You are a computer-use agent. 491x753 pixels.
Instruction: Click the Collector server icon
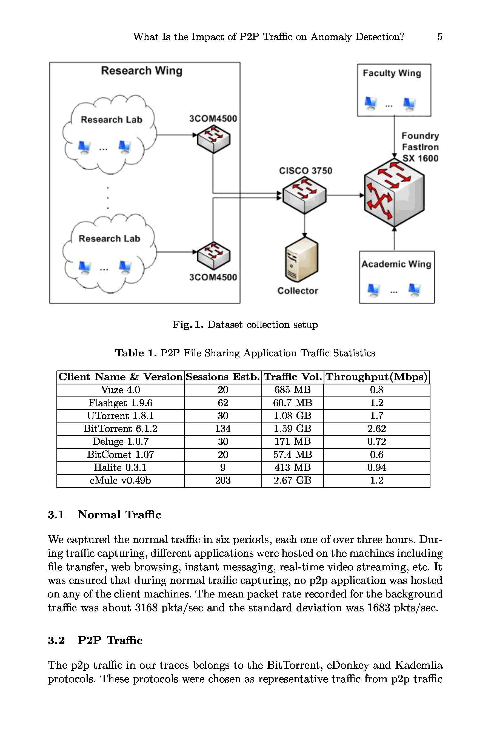tap(302, 259)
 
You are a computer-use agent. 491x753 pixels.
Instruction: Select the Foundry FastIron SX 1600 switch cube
tap(394, 193)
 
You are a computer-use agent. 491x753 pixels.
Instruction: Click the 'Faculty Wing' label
tap(392, 73)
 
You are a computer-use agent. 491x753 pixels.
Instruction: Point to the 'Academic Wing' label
tap(396, 264)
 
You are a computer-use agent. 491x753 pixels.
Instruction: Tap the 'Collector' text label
tap(298, 291)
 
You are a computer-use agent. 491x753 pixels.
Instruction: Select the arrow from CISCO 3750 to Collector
tap(304, 226)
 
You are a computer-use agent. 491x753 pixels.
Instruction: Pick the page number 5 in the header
tap(440, 37)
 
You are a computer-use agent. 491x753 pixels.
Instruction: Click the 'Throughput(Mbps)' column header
tap(377, 377)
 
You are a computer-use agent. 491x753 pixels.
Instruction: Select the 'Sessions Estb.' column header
tap(223, 377)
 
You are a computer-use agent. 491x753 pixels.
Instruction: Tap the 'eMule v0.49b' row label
tap(120, 481)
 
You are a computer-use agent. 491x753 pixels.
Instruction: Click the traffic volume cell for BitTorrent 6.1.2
tap(293, 429)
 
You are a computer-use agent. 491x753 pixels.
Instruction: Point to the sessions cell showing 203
tap(223, 481)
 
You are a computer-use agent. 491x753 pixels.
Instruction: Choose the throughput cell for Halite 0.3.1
tap(377, 468)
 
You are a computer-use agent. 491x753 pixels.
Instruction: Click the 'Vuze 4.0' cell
tap(120, 390)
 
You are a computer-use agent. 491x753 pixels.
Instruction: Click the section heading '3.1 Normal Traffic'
tap(104, 515)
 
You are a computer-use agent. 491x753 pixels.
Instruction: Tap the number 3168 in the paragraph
tap(146, 608)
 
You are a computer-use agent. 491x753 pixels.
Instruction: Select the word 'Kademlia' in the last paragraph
tap(418, 665)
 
